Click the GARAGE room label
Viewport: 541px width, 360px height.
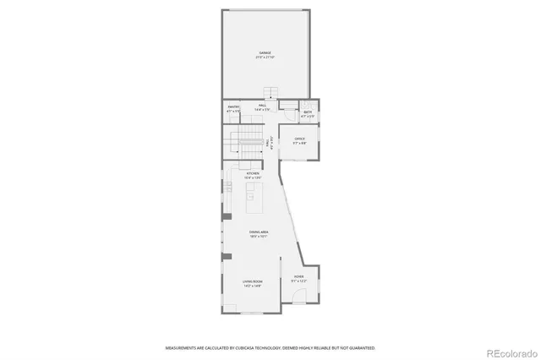click(x=265, y=52)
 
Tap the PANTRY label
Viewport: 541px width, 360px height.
click(x=234, y=106)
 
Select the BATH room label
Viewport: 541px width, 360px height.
click(x=309, y=112)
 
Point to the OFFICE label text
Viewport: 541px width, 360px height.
click(x=299, y=139)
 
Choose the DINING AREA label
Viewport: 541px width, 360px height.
click(x=259, y=232)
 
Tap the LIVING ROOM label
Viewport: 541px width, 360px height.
click(x=253, y=282)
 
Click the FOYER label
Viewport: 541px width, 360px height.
click(x=298, y=276)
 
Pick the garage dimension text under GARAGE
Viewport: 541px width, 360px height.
click(x=265, y=57)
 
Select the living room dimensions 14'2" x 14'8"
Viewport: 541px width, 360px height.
click(x=253, y=287)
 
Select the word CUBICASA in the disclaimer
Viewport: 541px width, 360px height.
click(x=248, y=347)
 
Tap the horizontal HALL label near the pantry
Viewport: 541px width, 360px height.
click(x=263, y=106)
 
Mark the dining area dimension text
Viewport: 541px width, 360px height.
click(x=259, y=237)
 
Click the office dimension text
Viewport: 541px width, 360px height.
click(x=299, y=144)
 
